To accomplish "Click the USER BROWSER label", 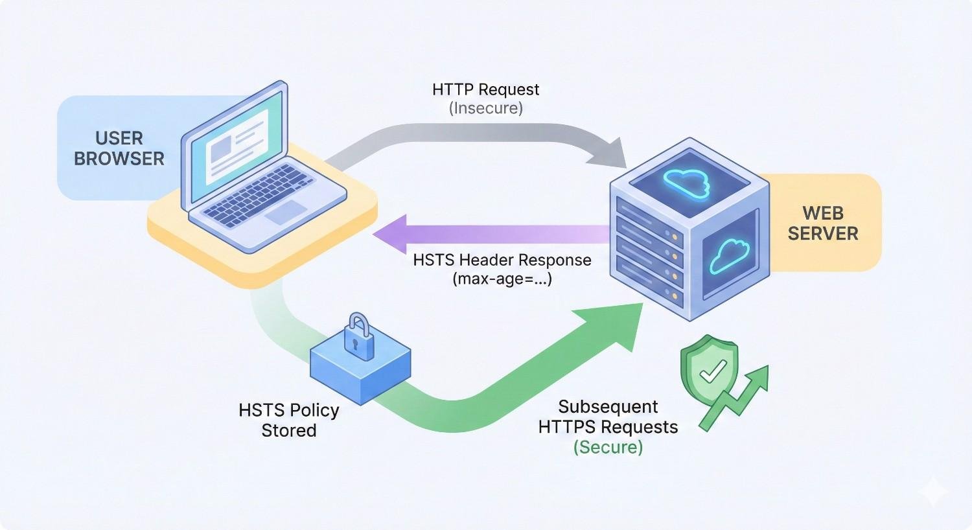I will pyautogui.click(x=119, y=148).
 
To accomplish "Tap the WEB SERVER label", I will pyautogui.click(x=822, y=223).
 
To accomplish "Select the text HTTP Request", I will pyautogui.click(x=485, y=89).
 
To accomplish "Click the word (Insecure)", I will pyautogui.click(x=485, y=108).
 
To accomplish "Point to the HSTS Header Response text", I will pyautogui.click(x=502, y=260).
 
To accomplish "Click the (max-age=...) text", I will pyautogui.click(x=502, y=279).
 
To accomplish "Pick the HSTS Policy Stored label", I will pyautogui.click(x=289, y=420).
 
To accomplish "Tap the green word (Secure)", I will pyautogui.click(x=608, y=447).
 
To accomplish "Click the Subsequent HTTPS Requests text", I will pyautogui.click(x=608, y=417).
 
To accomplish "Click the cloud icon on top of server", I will pyautogui.click(x=687, y=181).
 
